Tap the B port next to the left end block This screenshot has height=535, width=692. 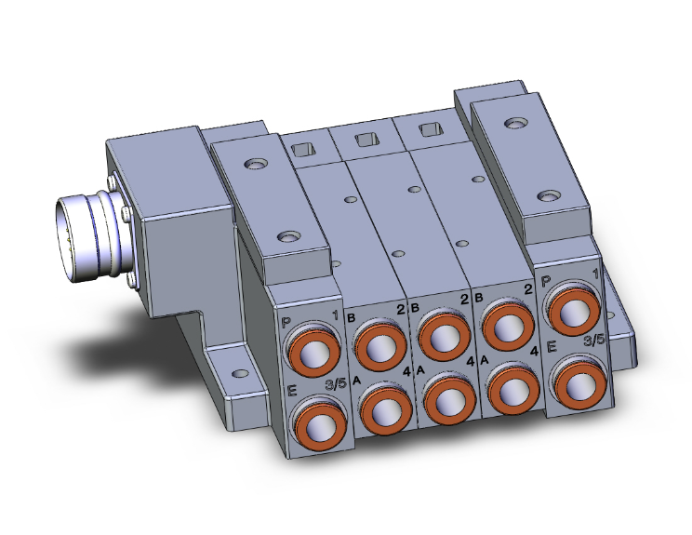pyautogui.click(x=376, y=343)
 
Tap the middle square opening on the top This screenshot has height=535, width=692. pyautogui.click(x=366, y=140)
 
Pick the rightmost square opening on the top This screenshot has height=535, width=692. pyautogui.click(x=429, y=128)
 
